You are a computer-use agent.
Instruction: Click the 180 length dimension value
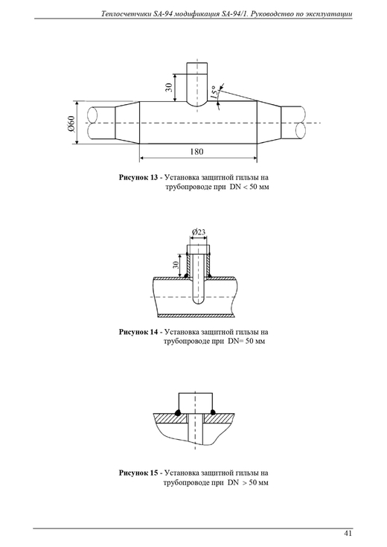(x=196, y=152)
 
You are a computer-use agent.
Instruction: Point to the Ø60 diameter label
(x=71, y=124)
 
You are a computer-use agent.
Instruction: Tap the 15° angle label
(x=215, y=92)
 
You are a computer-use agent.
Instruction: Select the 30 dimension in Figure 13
(x=169, y=87)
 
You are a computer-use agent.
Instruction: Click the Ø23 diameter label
(x=199, y=231)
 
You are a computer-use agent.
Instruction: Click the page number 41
(x=348, y=533)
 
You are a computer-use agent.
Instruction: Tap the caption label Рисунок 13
(x=138, y=177)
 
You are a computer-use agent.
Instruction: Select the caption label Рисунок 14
(x=138, y=332)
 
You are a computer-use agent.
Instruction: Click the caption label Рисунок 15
(x=138, y=473)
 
